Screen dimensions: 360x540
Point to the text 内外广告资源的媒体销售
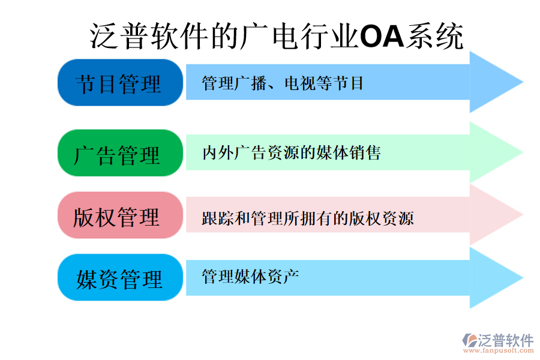292,153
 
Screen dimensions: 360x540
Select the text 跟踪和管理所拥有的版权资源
308,218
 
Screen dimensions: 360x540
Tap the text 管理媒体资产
250,277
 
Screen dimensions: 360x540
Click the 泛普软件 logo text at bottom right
506,341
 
